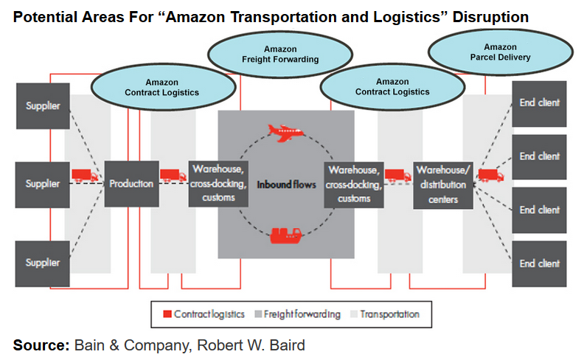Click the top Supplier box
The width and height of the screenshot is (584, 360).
(x=43, y=106)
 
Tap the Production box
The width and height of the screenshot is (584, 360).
(x=131, y=183)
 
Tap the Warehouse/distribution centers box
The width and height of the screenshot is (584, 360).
(x=442, y=184)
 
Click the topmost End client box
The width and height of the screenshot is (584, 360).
(x=538, y=103)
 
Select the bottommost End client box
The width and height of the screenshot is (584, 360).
(x=538, y=263)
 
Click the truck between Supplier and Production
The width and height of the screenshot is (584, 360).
(x=84, y=176)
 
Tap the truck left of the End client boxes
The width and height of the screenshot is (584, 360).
(x=490, y=176)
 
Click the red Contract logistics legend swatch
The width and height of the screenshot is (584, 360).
(x=167, y=314)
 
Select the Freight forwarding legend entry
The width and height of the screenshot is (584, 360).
(x=298, y=314)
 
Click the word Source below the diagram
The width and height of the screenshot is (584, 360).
(x=39, y=345)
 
